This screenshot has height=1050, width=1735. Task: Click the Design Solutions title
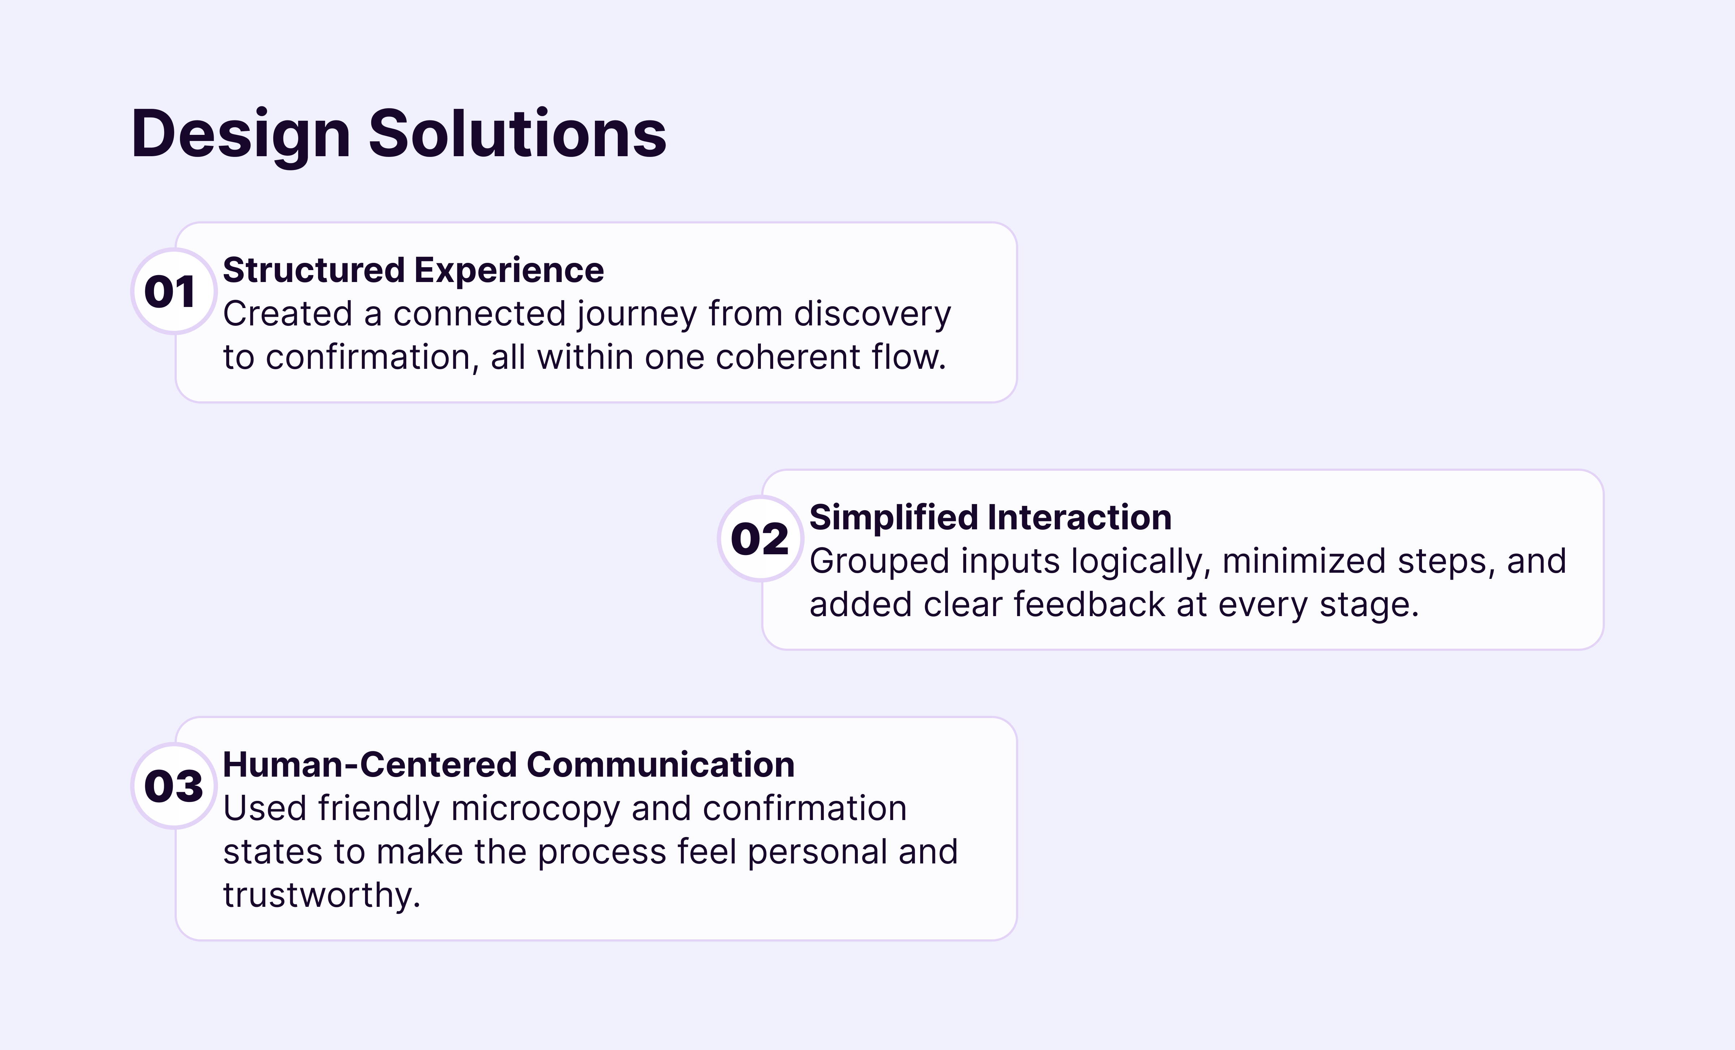399,134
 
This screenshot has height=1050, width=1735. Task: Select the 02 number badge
760,539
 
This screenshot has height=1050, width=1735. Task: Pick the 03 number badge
173,786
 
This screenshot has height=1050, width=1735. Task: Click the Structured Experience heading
414,270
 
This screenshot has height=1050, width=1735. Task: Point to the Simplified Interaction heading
990,518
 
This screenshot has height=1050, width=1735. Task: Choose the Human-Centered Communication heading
508,765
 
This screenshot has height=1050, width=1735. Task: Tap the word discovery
872,315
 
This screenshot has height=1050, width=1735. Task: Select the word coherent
787,358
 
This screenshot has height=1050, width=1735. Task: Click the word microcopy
535,809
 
